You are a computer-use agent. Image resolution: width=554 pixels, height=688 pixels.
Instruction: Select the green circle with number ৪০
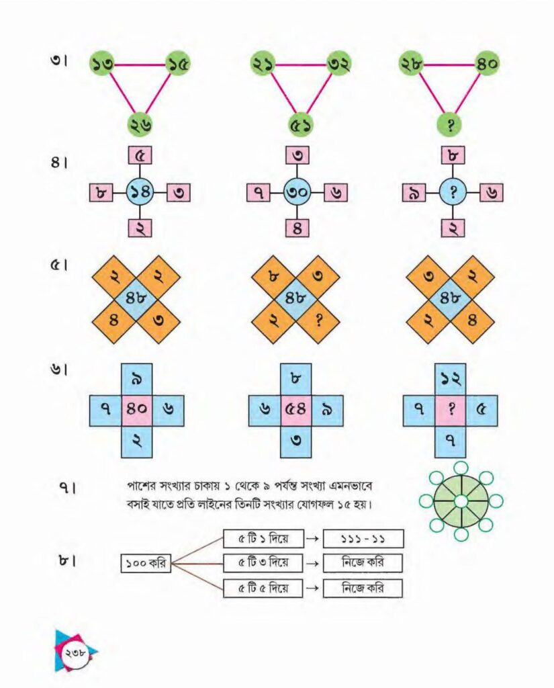click(x=487, y=64)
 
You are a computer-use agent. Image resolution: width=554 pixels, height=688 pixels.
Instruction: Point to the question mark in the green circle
click(x=451, y=126)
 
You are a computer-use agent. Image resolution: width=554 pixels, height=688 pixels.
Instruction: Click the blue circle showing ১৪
click(x=140, y=192)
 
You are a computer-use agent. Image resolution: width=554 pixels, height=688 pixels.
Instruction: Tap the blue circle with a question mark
click(x=453, y=192)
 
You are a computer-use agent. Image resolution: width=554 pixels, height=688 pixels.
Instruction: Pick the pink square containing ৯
click(x=414, y=193)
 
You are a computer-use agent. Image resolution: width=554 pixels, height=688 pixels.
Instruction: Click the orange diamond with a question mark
click(x=318, y=321)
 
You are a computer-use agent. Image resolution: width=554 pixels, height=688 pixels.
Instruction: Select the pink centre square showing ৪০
click(x=137, y=411)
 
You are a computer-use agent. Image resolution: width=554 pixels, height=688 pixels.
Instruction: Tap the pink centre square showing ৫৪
click(x=296, y=411)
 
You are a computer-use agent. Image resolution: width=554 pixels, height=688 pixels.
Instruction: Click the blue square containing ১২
click(x=451, y=379)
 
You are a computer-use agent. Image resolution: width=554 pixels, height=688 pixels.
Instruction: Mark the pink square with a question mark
click(x=451, y=411)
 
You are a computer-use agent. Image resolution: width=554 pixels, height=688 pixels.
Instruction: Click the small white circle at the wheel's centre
click(x=461, y=501)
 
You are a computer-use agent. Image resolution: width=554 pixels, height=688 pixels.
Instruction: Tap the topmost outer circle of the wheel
click(x=461, y=468)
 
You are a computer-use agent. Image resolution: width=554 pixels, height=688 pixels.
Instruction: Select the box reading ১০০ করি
click(x=146, y=564)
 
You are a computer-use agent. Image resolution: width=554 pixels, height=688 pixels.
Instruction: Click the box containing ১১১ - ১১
click(x=363, y=539)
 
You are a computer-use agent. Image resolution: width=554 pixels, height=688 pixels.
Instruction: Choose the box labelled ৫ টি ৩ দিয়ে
click(x=263, y=563)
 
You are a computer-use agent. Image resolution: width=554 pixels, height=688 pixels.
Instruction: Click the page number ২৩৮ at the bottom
click(x=77, y=652)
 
